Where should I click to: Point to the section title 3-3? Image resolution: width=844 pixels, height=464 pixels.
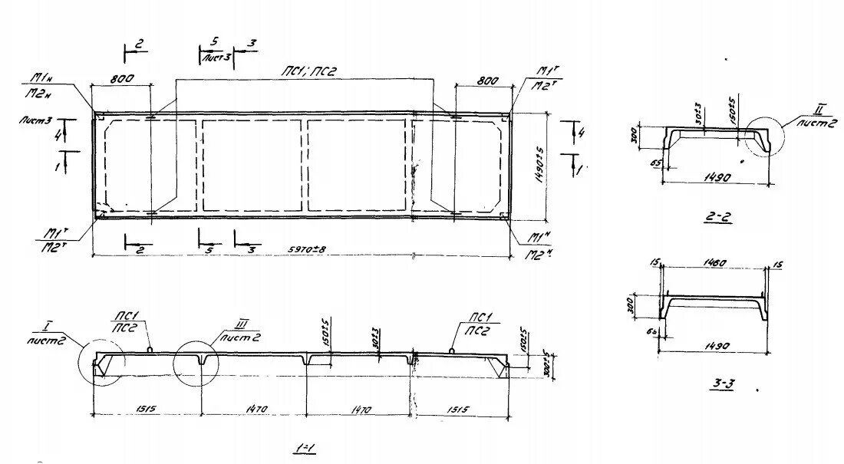[722, 384]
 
